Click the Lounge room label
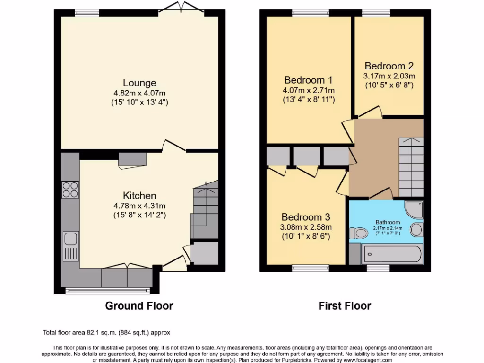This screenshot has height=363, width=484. pos(139,83)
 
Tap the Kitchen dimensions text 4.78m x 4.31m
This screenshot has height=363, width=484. pos(139,206)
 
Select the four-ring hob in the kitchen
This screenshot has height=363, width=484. pos(70,190)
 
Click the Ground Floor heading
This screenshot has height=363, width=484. pos(139,306)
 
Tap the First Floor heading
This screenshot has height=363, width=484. pos(345,306)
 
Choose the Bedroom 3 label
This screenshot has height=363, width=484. pos(305,217)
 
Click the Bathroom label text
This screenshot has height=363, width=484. pos(388,222)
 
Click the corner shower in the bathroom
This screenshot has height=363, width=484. pos(414,209)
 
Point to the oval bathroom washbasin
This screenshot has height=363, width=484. pos(416,230)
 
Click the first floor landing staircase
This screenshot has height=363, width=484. pos(411,165)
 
